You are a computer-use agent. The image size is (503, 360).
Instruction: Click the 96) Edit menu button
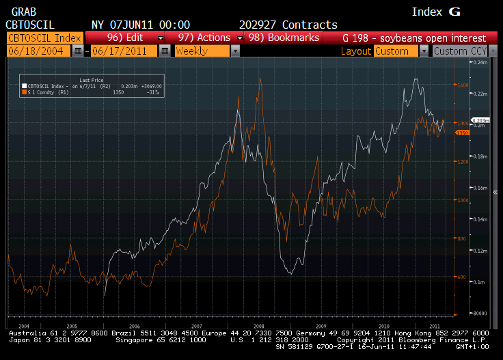pos(124,38)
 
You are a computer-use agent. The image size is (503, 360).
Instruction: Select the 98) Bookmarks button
pos(282,38)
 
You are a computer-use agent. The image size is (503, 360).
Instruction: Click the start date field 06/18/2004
pos(39,51)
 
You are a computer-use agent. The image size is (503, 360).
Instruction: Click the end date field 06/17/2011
pos(124,51)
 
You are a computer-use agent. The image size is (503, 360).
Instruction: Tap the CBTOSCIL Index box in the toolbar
pos(43,38)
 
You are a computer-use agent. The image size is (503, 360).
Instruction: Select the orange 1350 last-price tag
pos(461,133)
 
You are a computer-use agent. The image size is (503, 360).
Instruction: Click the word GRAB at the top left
pos(18,12)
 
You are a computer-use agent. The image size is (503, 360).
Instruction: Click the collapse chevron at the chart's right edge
pos(495,192)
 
